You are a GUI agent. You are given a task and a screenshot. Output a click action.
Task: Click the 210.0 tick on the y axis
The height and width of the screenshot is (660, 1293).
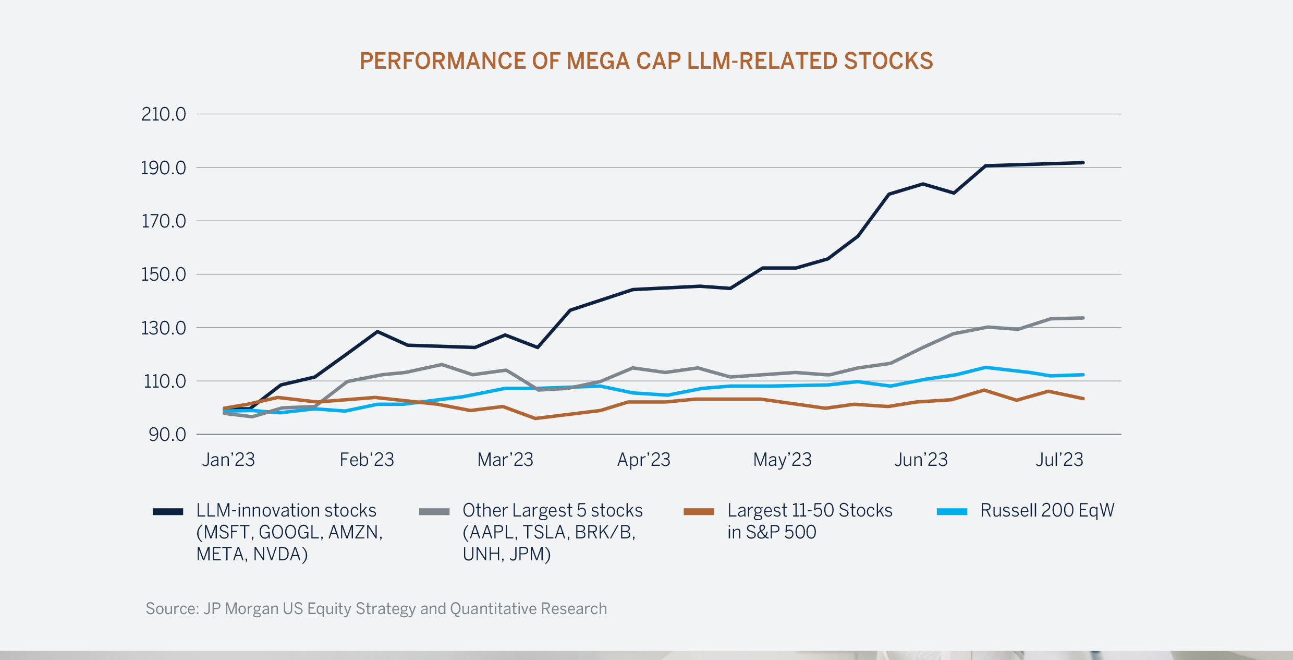click(163, 114)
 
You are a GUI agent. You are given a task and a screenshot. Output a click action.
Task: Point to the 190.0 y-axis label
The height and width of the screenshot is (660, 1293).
click(163, 168)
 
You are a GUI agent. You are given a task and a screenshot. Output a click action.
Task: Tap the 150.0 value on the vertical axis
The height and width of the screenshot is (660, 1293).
click(163, 274)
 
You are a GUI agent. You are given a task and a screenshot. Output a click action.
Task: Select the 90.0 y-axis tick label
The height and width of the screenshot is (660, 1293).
click(167, 435)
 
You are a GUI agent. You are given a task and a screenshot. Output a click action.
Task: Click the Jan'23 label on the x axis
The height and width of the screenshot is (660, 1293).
click(228, 460)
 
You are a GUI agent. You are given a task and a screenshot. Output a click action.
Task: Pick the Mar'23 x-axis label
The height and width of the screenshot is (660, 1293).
click(505, 460)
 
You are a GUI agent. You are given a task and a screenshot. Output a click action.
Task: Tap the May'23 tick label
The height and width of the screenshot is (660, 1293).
click(782, 460)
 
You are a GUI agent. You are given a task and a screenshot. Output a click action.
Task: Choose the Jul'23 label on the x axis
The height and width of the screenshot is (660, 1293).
click(1059, 460)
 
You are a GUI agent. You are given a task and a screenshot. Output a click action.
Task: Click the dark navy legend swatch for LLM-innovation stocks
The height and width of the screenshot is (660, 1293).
click(168, 512)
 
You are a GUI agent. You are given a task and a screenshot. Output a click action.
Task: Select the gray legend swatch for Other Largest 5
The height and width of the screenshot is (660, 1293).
click(434, 512)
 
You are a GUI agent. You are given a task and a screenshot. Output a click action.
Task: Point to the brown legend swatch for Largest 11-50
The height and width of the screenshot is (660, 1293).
click(699, 512)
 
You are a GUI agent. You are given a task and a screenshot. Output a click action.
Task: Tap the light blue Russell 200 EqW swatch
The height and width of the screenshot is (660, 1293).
click(952, 512)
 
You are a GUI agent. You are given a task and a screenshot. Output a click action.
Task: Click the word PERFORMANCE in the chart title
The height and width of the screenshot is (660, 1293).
click(443, 61)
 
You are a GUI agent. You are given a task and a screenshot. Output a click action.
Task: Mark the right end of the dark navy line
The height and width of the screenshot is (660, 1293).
click(1083, 163)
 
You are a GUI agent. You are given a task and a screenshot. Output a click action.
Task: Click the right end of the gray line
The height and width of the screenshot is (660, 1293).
click(1083, 318)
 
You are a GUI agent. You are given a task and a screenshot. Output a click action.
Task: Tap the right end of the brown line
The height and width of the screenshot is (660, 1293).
click(1083, 399)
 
